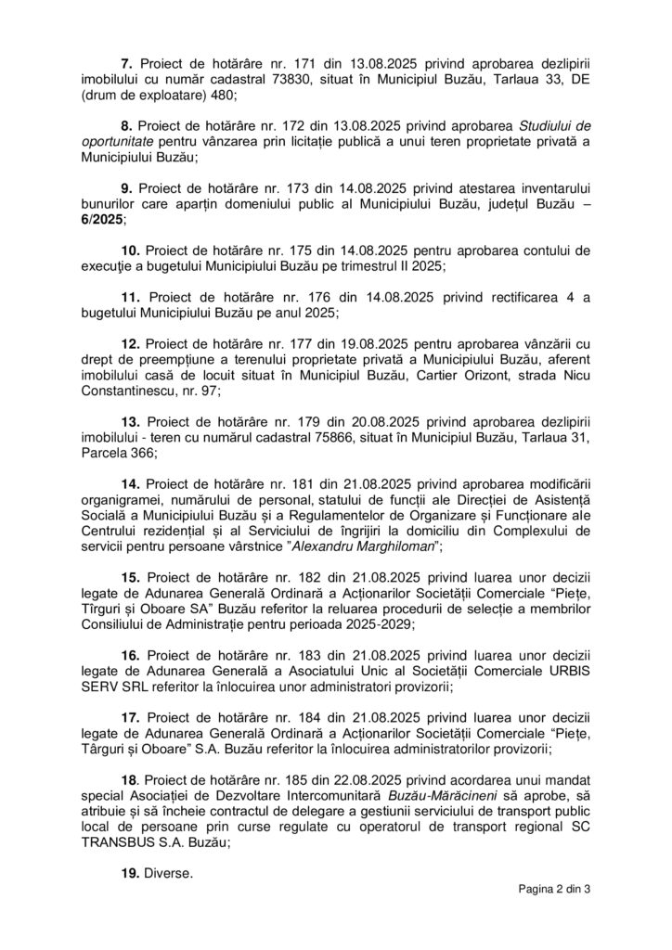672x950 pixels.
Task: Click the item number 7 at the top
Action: coord(128,62)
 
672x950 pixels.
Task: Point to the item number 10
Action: coord(132,251)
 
